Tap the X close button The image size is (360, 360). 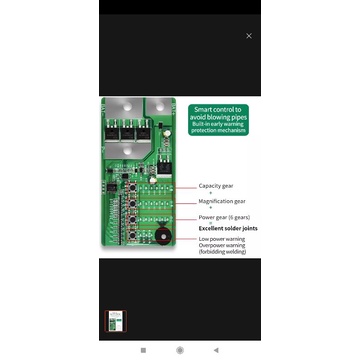coord(249,36)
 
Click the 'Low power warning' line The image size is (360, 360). coord(223,239)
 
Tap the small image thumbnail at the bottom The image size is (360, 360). coord(117,322)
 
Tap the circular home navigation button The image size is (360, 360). coord(180,350)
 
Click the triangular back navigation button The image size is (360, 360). coord(216,350)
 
